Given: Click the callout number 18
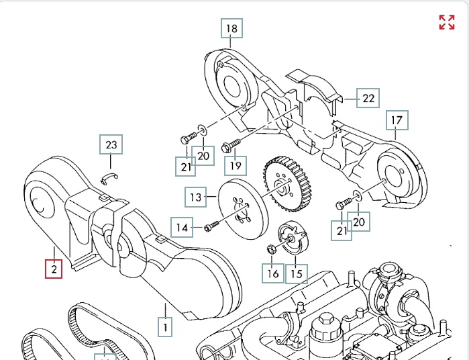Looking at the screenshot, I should (231, 28).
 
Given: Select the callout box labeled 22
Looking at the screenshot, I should (368, 98).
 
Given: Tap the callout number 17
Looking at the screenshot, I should (397, 121).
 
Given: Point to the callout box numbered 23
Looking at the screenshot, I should (111, 144).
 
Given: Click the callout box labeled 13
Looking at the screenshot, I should (195, 197).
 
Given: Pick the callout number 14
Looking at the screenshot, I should (182, 227).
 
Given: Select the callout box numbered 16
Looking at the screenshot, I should (272, 273).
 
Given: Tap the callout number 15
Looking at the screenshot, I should (297, 273).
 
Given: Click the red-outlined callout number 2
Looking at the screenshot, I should (54, 270).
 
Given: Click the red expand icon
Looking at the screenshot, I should (447, 22).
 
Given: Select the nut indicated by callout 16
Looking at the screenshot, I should (272, 250).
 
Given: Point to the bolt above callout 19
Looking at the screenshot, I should (233, 143).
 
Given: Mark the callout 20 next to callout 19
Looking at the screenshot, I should (203, 156).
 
